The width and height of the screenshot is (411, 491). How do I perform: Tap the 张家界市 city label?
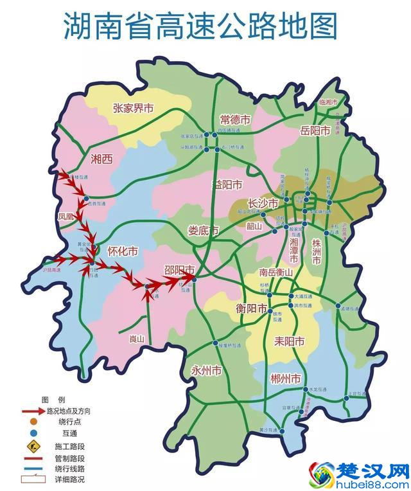click(x=134, y=109)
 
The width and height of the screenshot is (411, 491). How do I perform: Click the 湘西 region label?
click(x=101, y=159)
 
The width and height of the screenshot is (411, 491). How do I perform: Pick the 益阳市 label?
click(x=227, y=185)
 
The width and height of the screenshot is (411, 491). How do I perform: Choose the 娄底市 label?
click(x=203, y=230)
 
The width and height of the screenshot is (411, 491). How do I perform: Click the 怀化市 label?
click(x=123, y=251)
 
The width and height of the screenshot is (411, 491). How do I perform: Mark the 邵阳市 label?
click(x=180, y=271)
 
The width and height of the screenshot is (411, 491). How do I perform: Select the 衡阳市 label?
click(x=251, y=308)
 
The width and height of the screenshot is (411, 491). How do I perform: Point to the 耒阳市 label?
click(x=288, y=340)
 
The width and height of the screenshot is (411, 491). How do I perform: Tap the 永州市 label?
click(x=206, y=371)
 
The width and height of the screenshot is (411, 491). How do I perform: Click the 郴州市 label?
click(x=286, y=379)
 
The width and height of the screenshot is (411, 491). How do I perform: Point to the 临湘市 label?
click(x=332, y=102)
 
